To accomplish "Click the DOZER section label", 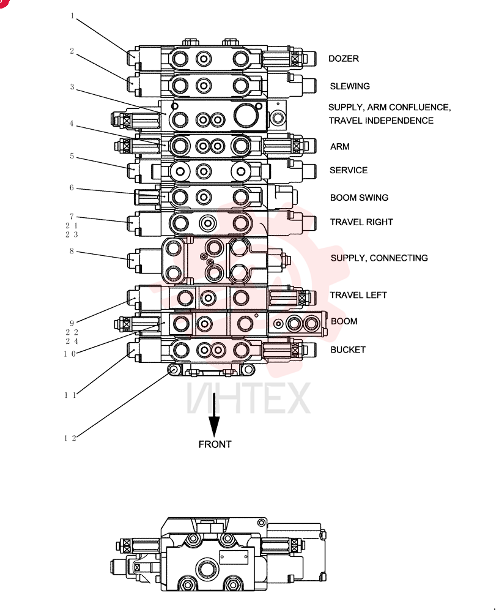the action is (x=343, y=59).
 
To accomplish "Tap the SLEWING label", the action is (x=350, y=86).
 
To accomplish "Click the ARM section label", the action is (x=340, y=147).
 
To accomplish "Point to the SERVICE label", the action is (x=349, y=170).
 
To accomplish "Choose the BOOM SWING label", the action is (x=360, y=198).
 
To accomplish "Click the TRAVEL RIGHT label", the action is (x=361, y=222).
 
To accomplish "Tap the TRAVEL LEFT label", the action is (x=358, y=295).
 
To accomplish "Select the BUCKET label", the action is (x=348, y=349).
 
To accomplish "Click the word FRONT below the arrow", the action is (x=215, y=444).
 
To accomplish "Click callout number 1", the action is (x=72, y=16).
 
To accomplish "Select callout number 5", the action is (x=72, y=156).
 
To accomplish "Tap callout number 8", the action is (x=72, y=251).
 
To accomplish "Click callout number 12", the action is (x=70, y=438).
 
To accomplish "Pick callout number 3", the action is (x=72, y=87).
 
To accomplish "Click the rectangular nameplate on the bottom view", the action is (x=234, y=558).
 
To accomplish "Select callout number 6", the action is (x=72, y=188).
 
